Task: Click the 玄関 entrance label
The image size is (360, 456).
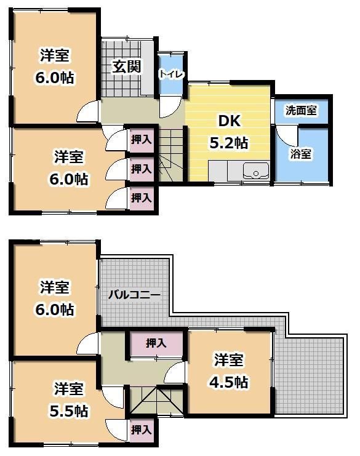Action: tap(127, 66)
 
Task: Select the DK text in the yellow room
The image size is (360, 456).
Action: tap(229, 121)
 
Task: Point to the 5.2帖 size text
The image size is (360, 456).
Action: tap(229, 143)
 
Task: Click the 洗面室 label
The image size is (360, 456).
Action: tap(301, 111)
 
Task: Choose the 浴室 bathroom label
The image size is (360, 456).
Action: tap(301, 154)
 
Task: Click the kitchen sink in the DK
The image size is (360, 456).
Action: tap(255, 170)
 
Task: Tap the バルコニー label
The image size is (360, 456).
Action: tap(134, 295)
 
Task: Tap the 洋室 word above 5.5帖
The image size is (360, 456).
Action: tap(69, 389)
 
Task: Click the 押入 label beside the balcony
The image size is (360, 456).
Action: tap(156, 343)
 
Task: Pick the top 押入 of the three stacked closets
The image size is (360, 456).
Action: tap(142, 140)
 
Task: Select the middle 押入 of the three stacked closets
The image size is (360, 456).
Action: tap(142, 168)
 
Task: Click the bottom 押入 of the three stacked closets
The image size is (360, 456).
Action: tap(142, 197)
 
